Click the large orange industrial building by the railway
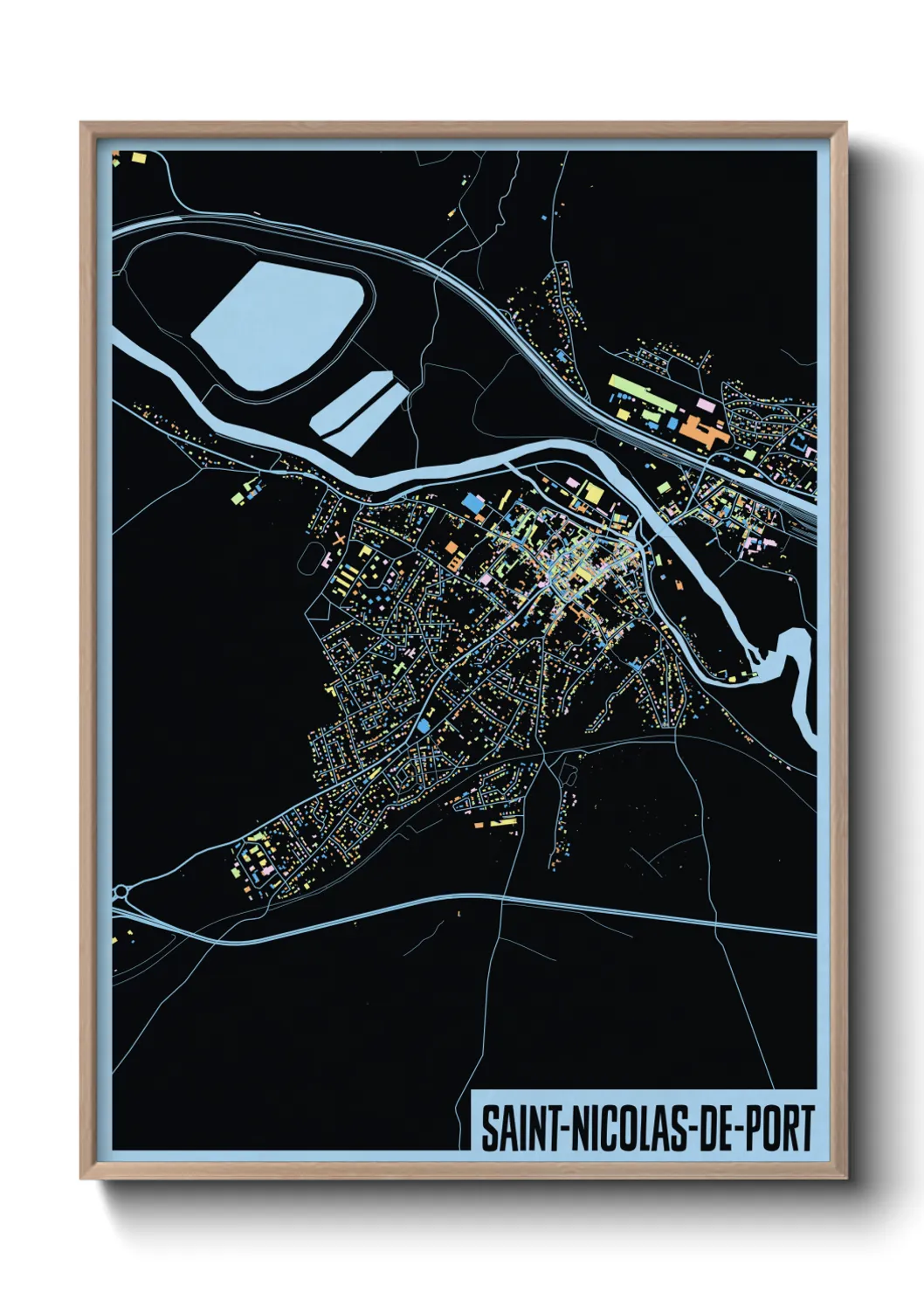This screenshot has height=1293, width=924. pos(706,431)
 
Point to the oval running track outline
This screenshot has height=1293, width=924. pos(307,559)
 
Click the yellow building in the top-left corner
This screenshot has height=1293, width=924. pos(138,158)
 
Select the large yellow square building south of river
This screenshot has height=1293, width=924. pos(594,494)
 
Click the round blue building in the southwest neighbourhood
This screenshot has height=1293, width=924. pos(424,726)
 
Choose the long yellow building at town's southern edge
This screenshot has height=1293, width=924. pos(502,822)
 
